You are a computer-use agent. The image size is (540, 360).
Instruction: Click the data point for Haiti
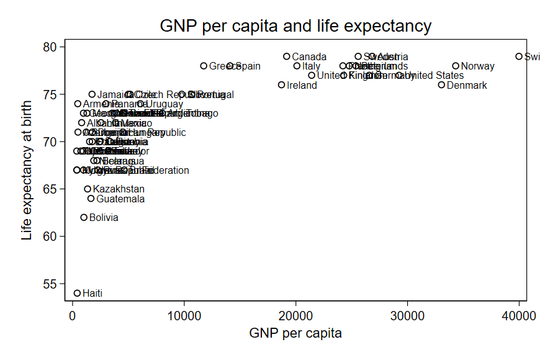[78, 293]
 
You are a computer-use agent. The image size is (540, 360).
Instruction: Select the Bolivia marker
[84, 218]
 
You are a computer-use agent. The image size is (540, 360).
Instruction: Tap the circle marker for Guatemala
[91, 199]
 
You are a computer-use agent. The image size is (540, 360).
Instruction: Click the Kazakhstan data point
[88, 189]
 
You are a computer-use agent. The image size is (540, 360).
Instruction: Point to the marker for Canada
[287, 56]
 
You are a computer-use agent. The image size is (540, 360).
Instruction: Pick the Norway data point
[456, 66]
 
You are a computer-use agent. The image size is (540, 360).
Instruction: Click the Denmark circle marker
[442, 85]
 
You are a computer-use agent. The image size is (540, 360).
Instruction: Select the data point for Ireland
[282, 85]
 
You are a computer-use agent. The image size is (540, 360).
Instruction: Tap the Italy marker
[297, 66]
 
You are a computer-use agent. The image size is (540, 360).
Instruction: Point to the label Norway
[477, 66]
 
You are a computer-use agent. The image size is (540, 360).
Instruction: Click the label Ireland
[302, 86]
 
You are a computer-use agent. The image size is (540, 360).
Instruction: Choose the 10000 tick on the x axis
[184, 316]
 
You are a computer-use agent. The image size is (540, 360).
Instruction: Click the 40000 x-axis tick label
[519, 316]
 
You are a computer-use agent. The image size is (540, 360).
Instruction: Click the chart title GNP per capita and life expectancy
[295, 26]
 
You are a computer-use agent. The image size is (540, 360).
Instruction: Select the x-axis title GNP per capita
[295, 333]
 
